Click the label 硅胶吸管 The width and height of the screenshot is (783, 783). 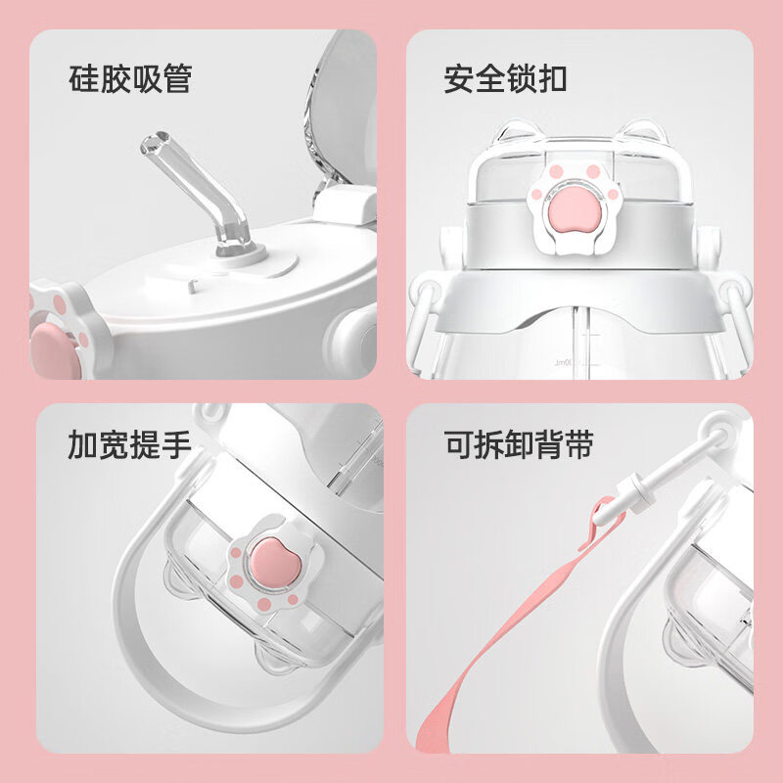(x=129, y=78)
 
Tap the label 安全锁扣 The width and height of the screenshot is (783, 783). (x=505, y=78)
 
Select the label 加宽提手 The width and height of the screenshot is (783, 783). (x=129, y=446)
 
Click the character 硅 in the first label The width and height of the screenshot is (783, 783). (x=83, y=78)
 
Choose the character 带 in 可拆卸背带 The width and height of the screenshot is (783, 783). (x=580, y=446)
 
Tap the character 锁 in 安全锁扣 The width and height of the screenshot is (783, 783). (x=520, y=78)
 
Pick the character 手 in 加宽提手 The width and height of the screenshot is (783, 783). (x=175, y=446)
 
